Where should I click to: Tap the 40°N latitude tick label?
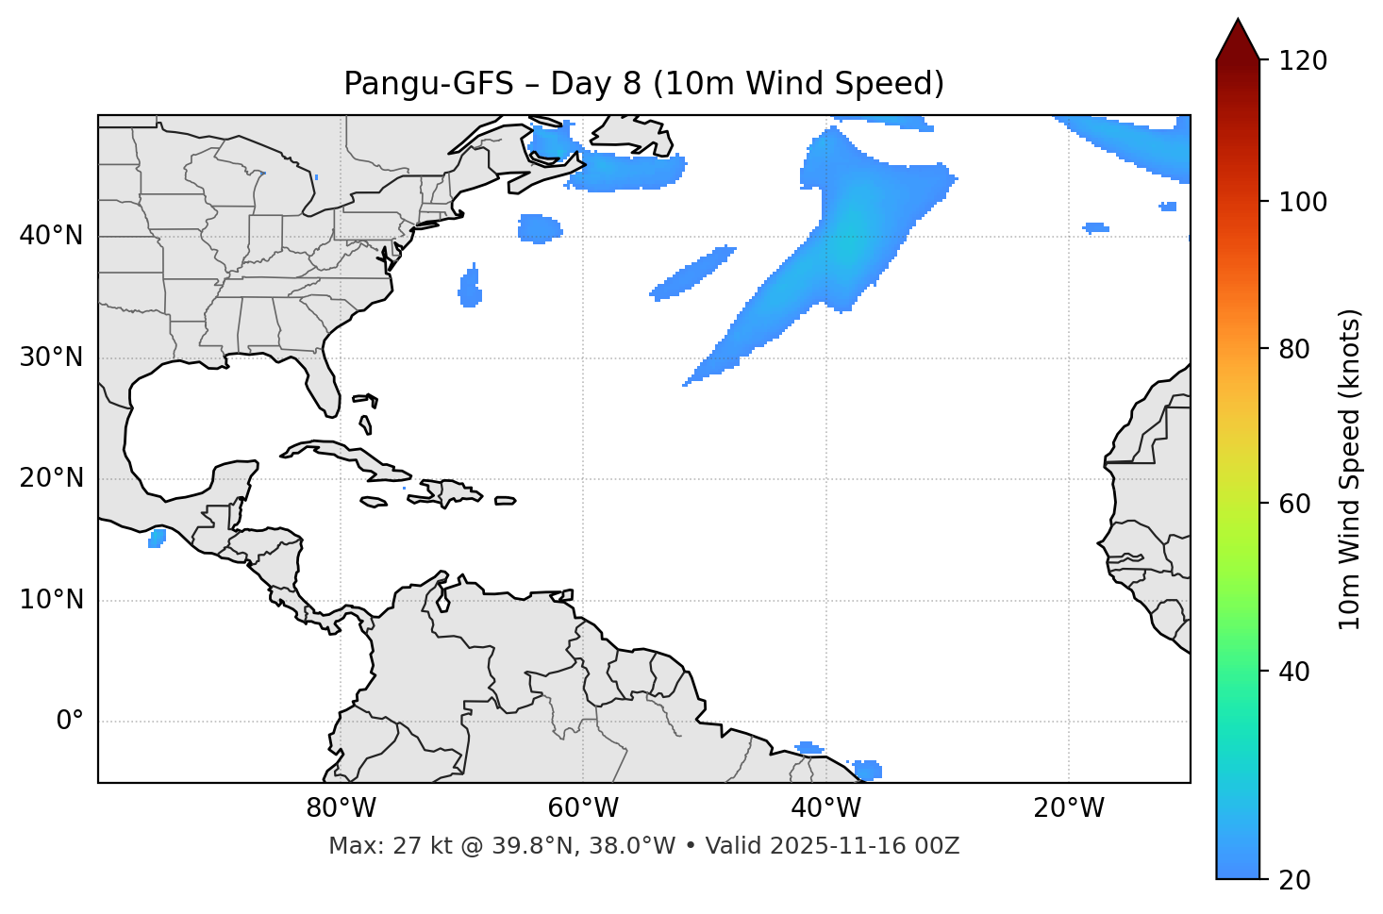(51, 236)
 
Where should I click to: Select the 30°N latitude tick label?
(51, 357)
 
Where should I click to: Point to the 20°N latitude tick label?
(51, 478)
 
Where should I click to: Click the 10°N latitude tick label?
(51, 600)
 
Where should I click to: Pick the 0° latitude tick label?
(70, 722)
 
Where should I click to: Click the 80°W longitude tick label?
(341, 808)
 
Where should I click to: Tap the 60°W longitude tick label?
(583, 808)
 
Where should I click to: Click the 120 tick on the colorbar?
(1302, 60)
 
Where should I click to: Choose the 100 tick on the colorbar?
(1302, 202)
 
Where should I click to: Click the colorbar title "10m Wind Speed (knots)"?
(1350, 470)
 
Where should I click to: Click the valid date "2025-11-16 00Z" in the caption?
(864, 846)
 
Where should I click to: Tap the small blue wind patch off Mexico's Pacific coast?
(158, 538)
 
